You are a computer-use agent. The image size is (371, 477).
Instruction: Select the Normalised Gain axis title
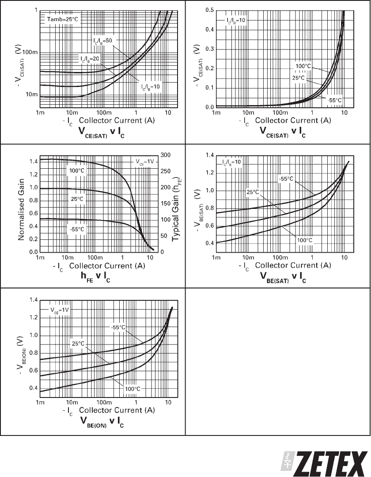[21, 204]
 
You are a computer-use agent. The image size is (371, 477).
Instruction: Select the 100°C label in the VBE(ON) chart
[132, 389]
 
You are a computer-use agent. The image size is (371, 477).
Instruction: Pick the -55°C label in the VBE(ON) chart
[118, 327]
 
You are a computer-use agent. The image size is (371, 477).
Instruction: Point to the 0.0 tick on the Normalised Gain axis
[31, 252]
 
